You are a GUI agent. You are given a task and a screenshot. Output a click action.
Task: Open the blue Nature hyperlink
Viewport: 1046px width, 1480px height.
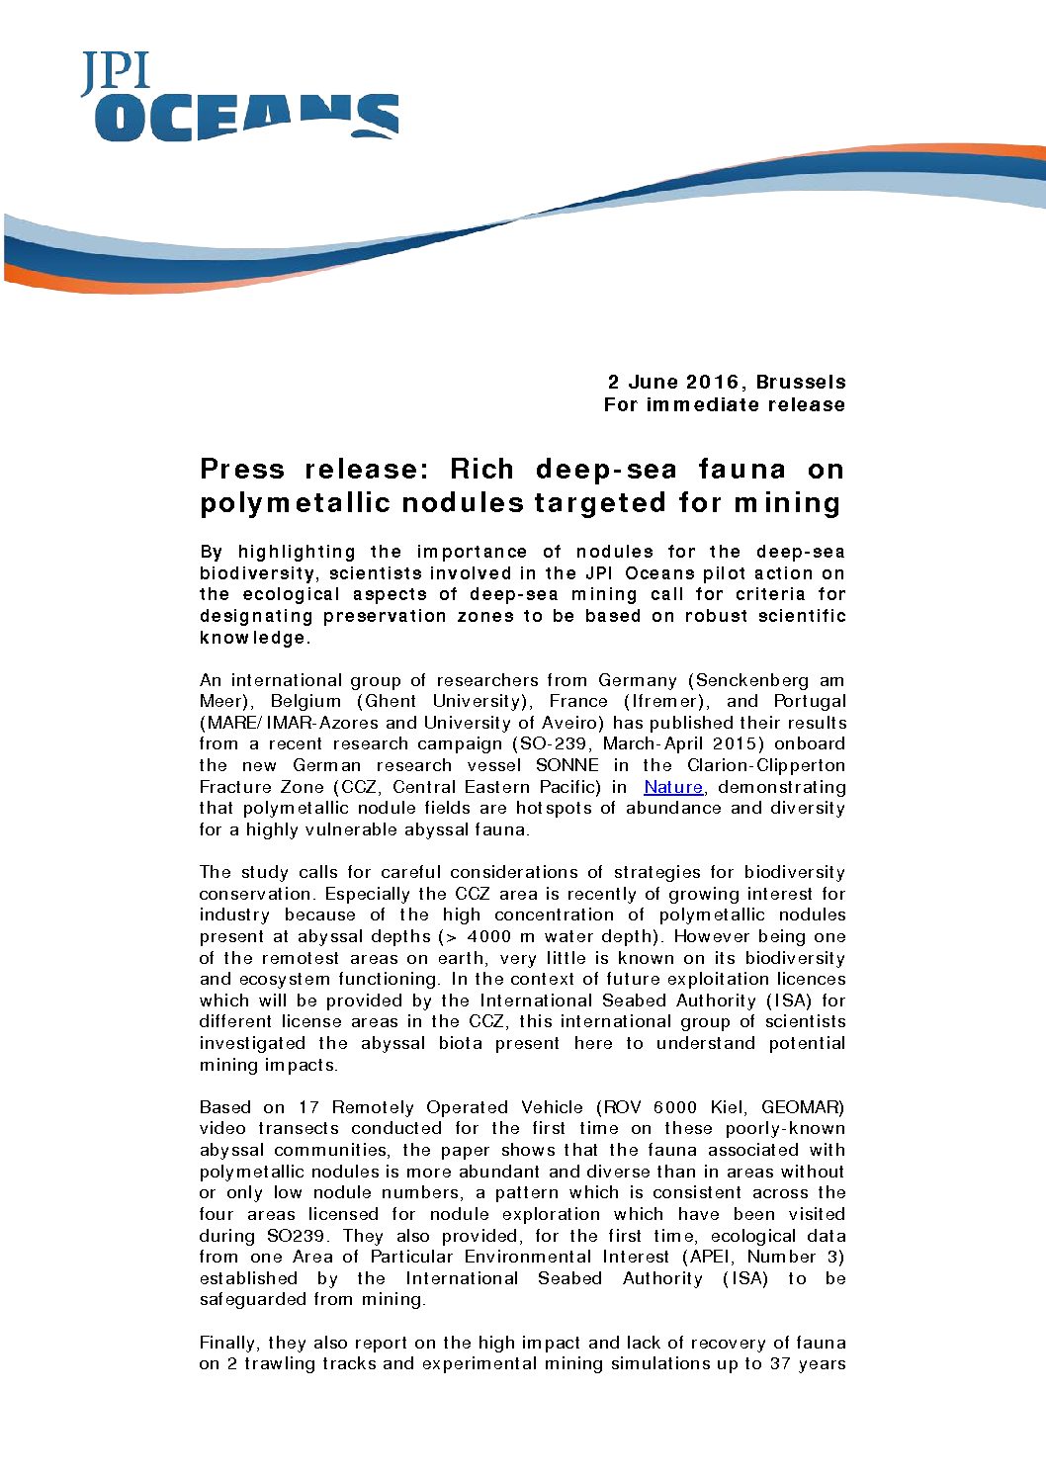[x=673, y=787]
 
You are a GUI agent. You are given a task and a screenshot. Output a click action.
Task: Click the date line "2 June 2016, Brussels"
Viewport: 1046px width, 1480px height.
[x=727, y=382]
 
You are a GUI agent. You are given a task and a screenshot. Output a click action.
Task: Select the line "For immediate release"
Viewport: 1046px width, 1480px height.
[x=725, y=404]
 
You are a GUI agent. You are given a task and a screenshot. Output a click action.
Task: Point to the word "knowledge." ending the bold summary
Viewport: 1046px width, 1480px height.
[x=255, y=638]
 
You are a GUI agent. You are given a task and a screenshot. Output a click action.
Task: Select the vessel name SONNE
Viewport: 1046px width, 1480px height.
[x=567, y=765]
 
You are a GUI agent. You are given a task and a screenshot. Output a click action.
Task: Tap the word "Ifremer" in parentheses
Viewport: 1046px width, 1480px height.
[x=669, y=701]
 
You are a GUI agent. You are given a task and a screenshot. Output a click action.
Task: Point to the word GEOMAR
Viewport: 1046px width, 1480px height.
[x=803, y=1107]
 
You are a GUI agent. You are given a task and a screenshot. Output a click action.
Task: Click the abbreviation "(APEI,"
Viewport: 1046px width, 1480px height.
[x=709, y=1257]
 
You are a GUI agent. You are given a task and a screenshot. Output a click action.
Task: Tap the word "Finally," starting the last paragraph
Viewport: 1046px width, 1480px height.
[x=229, y=1343]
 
